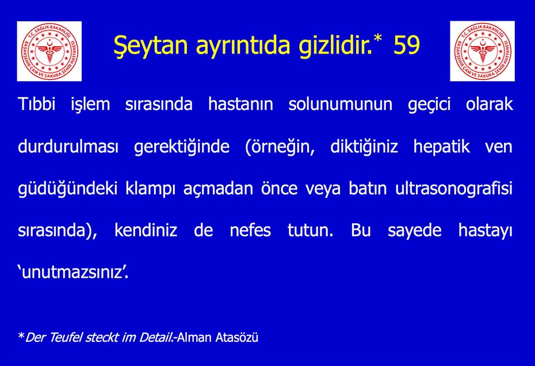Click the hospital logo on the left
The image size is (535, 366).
(49, 51)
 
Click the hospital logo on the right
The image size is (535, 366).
(482, 51)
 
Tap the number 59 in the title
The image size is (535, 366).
(406, 45)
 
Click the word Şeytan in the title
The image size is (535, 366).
(151, 46)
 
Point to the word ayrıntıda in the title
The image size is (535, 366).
(243, 46)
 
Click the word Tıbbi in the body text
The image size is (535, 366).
(36, 104)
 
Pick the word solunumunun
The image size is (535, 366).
(341, 104)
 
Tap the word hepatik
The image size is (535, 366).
(441, 147)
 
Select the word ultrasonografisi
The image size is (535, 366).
(454, 188)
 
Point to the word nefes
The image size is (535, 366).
(250, 230)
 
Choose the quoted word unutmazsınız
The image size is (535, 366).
(73, 272)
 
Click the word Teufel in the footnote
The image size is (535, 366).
(66, 337)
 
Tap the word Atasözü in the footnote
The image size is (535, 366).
(237, 337)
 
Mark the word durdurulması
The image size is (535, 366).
(68, 147)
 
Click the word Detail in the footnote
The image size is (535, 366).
(156, 337)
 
